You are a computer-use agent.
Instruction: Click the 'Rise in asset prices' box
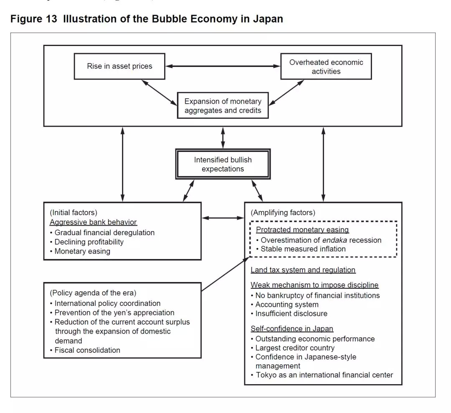point(119,66)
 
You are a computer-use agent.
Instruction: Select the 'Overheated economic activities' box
point(326,67)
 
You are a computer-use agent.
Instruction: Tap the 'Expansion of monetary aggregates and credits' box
point(223,105)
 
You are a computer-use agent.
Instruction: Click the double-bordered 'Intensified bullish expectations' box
point(223,164)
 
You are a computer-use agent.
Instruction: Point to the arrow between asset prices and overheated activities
point(223,66)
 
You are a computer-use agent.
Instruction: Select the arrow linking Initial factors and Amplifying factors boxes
point(223,218)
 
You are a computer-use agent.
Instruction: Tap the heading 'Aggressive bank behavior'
point(93,222)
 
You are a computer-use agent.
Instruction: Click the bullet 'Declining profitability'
point(89,242)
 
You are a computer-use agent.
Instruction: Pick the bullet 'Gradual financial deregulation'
point(104,232)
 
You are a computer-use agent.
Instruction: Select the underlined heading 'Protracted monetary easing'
point(302,230)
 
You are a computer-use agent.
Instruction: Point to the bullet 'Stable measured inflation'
point(303,249)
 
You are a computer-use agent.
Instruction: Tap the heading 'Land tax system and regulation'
point(303,270)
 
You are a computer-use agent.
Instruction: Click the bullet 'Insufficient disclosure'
point(291,313)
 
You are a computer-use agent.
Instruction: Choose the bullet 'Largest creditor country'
point(295,348)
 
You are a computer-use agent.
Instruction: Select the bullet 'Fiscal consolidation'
point(87,350)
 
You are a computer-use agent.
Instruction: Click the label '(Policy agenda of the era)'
point(93,293)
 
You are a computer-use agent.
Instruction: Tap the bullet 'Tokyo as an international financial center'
point(324,375)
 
